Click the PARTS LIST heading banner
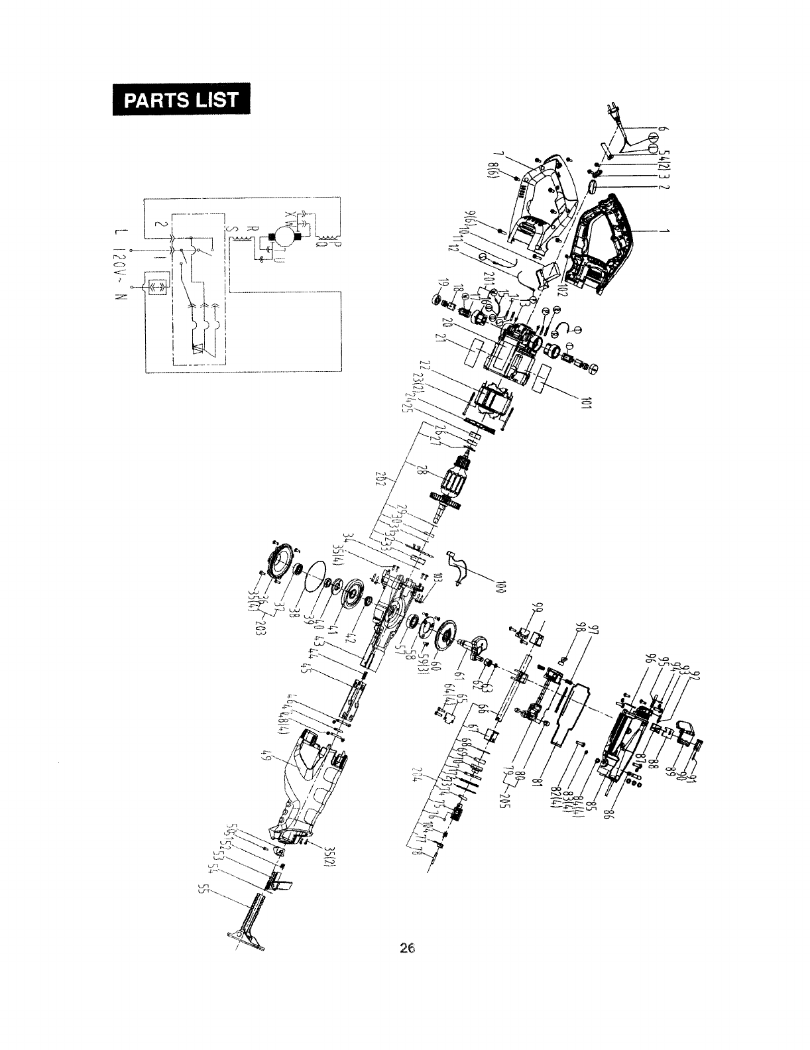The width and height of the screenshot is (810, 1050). (x=181, y=99)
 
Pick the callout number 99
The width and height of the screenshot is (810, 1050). (x=540, y=609)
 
